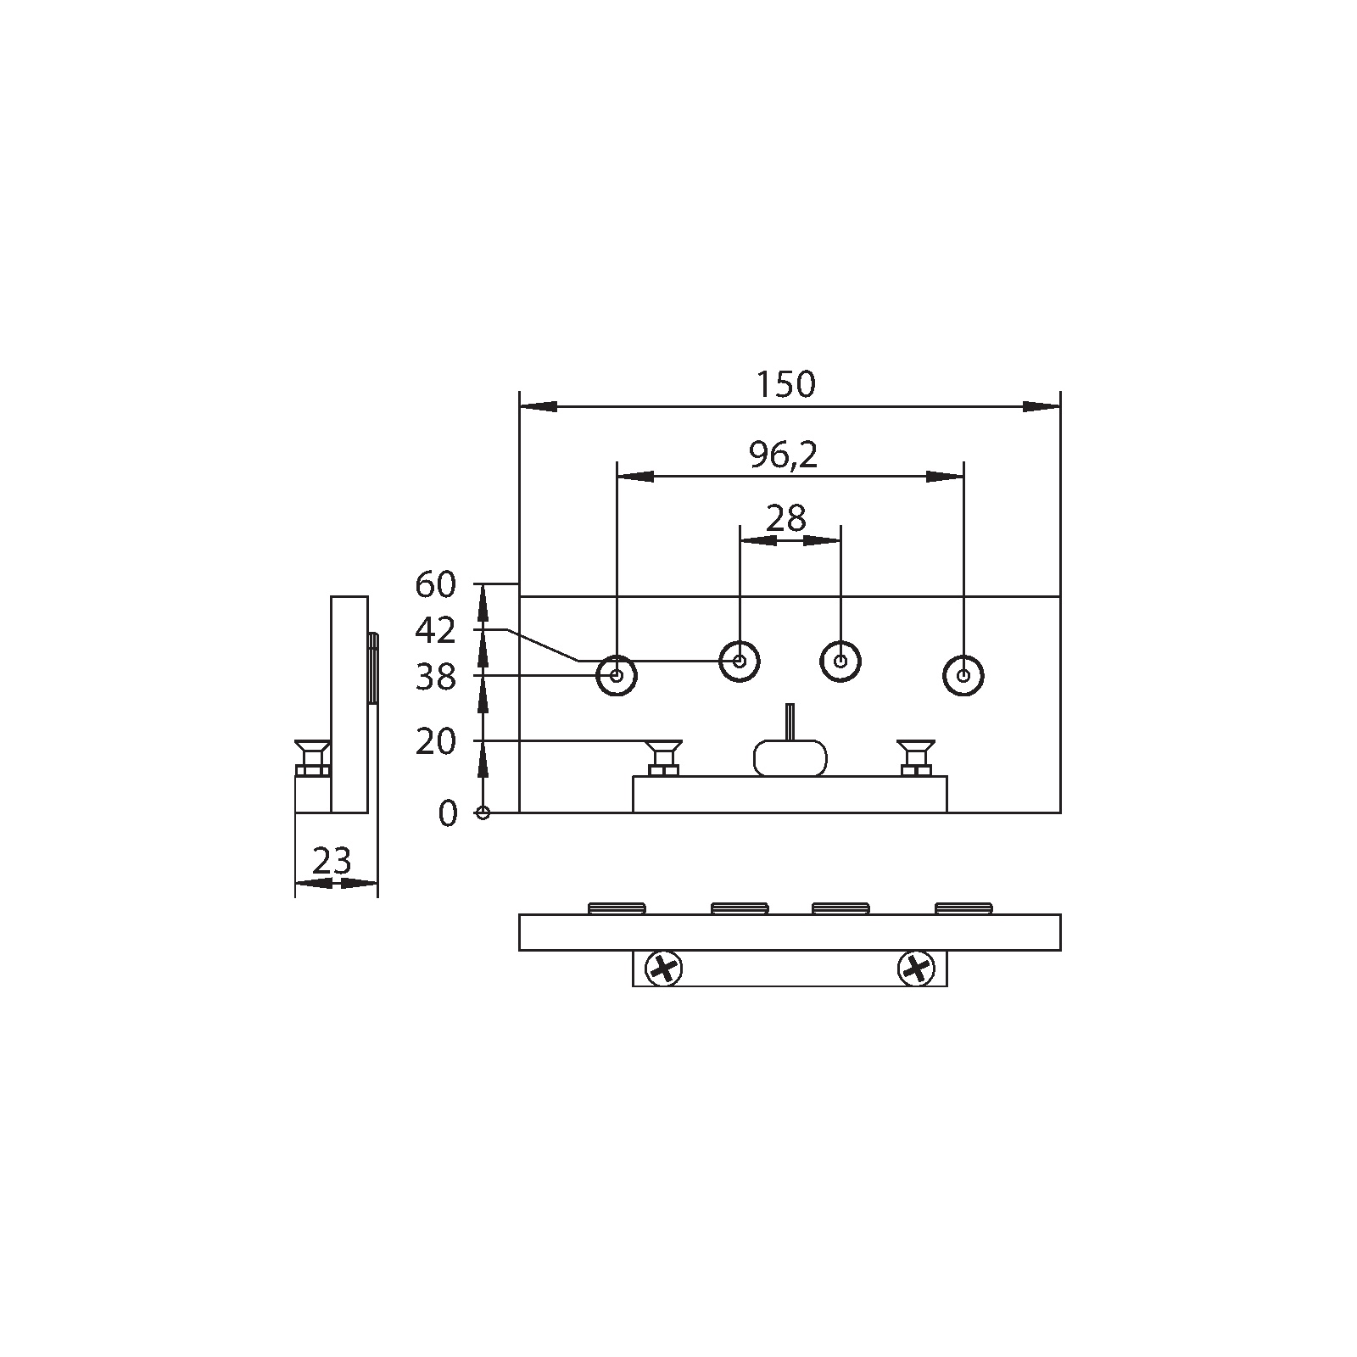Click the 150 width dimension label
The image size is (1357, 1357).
[x=785, y=384]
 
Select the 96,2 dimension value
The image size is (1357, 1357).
[x=783, y=455]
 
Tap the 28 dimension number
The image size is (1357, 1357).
[x=785, y=517]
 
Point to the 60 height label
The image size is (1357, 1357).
[x=436, y=584]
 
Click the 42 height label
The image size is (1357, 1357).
[x=436, y=630]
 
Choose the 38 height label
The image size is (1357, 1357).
[x=436, y=677]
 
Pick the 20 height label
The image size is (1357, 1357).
[x=436, y=742]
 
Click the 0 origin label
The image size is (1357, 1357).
[x=448, y=813]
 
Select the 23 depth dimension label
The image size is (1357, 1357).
[x=332, y=862]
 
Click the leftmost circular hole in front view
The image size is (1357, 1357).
[x=617, y=676]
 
